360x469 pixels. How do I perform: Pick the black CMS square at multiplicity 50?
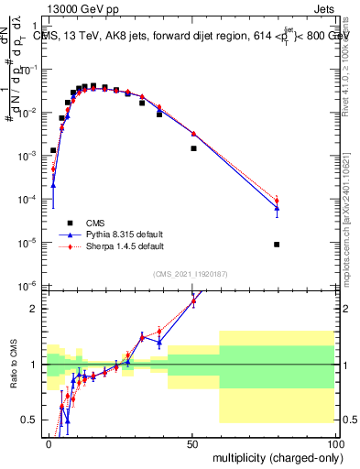(x=193, y=148)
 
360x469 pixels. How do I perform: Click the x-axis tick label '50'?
(x=191, y=442)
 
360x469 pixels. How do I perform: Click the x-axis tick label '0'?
(x=49, y=442)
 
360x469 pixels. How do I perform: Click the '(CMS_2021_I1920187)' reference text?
(x=190, y=274)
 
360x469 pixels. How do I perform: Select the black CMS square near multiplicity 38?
(x=159, y=115)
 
